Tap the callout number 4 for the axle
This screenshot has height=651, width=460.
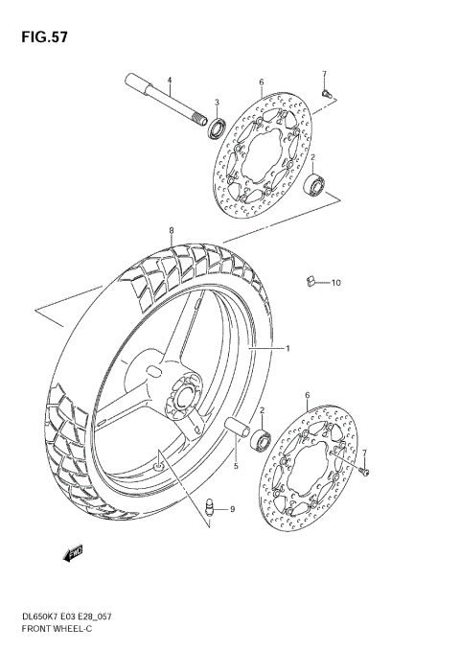click(x=169, y=80)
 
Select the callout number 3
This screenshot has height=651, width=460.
click(x=217, y=103)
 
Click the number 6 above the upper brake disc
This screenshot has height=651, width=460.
click(x=261, y=82)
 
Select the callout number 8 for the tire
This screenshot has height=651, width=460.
click(x=172, y=231)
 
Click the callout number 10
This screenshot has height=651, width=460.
click(x=335, y=283)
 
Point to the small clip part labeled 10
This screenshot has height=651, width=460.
click(x=310, y=281)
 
